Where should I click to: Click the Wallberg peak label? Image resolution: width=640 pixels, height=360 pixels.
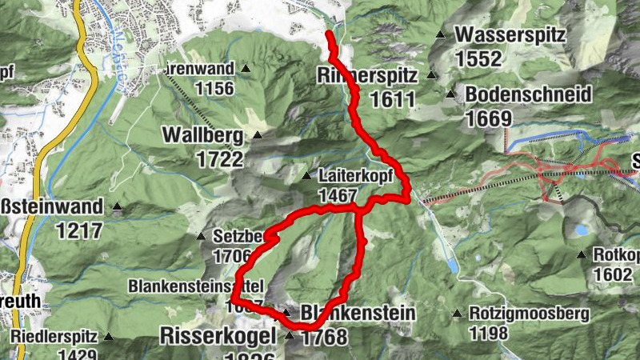click(202, 134)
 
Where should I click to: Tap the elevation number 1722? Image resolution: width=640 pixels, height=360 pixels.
click(220, 158)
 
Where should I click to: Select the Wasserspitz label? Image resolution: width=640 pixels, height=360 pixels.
click(510, 36)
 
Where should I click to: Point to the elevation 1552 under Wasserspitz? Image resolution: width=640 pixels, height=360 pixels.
click(478, 59)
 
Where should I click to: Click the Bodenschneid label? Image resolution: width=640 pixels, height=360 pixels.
click(528, 94)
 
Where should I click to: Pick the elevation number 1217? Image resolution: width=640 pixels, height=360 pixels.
click(80, 231)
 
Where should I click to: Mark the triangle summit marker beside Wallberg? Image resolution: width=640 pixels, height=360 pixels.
click(258, 134)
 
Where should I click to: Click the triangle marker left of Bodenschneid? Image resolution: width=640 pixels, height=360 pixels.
click(450, 94)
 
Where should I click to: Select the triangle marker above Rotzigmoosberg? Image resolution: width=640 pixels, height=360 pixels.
click(457, 313)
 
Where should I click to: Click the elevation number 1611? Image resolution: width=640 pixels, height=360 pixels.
click(393, 100)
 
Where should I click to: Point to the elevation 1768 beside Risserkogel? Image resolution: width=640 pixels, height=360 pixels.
click(324, 336)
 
